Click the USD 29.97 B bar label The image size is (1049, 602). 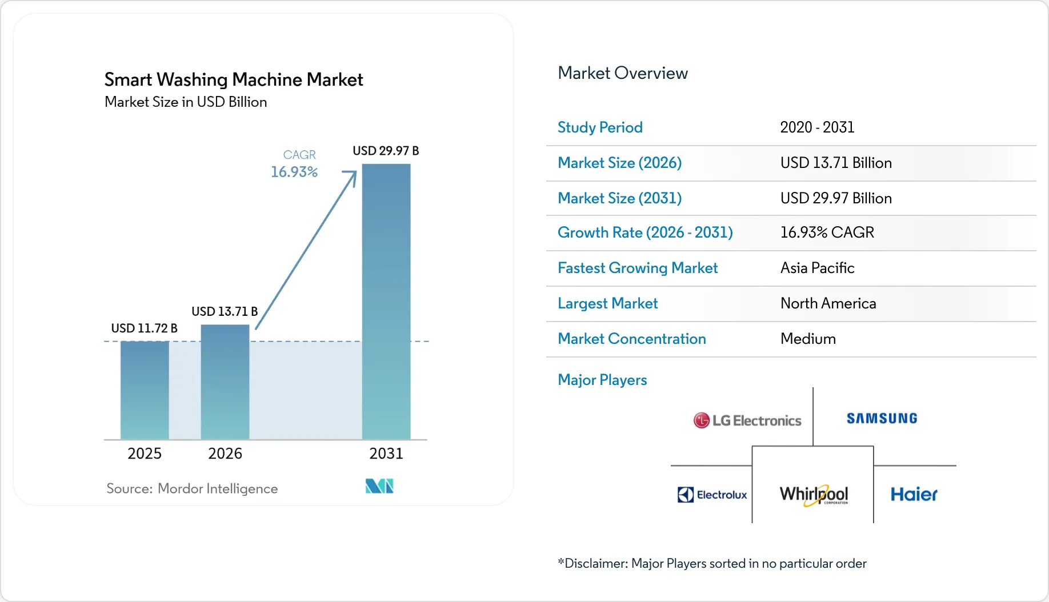(x=386, y=151)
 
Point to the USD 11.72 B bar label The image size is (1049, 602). (x=144, y=328)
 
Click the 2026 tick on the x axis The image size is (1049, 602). (x=225, y=453)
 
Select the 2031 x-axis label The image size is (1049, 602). (x=386, y=453)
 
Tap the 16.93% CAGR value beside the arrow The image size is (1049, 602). (x=294, y=172)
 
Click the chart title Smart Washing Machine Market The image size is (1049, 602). (x=234, y=79)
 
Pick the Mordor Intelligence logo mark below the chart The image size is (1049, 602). (x=379, y=486)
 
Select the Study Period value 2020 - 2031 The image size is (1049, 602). (x=817, y=127)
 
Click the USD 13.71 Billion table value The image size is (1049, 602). (x=836, y=163)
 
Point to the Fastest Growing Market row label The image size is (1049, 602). (x=638, y=268)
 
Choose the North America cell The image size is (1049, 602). (x=828, y=303)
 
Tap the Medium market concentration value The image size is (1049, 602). (x=808, y=339)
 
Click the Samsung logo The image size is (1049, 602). (x=882, y=419)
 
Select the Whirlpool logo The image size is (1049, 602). (x=814, y=494)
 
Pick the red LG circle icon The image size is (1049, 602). (x=701, y=421)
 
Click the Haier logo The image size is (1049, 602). (x=914, y=495)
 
